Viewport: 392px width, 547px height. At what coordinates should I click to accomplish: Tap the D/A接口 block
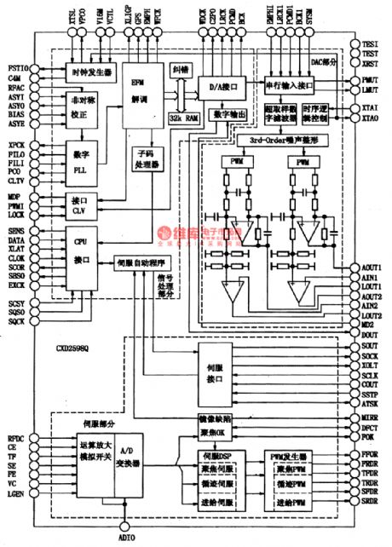point(222,85)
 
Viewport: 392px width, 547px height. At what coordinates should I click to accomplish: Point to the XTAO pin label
point(370,119)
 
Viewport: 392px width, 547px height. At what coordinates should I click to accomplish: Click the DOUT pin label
point(369,336)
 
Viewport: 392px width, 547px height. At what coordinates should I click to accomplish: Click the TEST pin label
point(370,53)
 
